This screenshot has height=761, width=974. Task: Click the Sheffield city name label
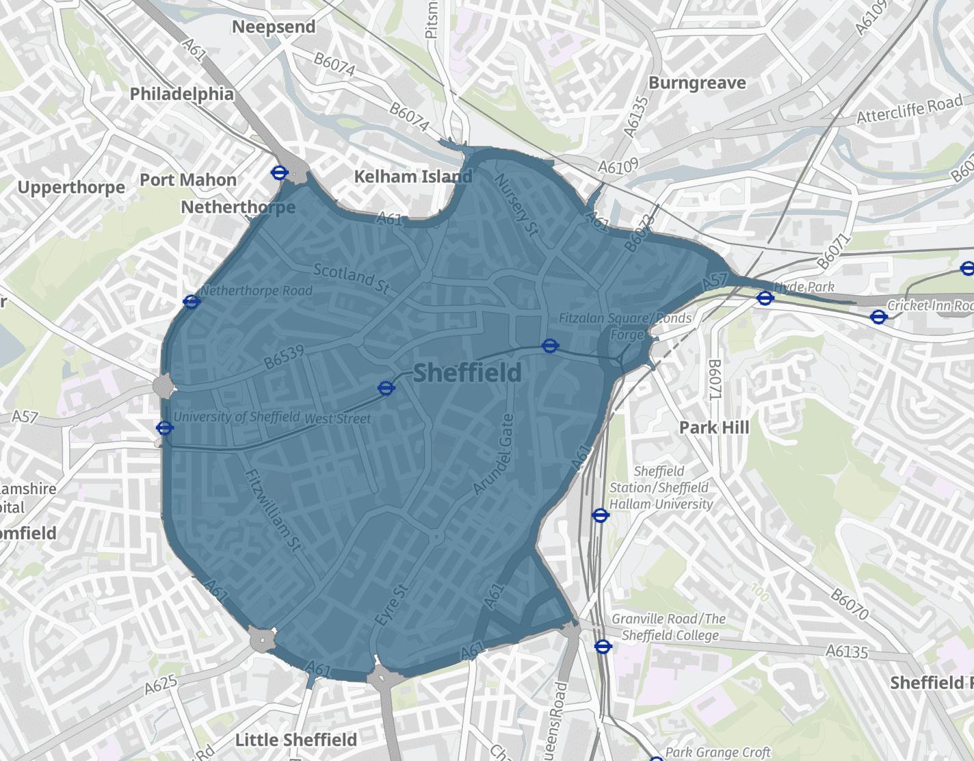pos(467,373)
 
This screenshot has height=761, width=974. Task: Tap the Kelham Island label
pos(412,177)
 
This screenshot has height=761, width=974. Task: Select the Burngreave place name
pos(697,83)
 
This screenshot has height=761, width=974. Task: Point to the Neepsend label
pos(274,27)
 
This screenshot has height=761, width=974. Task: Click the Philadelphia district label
pos(182,93)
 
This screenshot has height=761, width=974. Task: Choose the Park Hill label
pos(714,428)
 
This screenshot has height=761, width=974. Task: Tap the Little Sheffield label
pos(295,740)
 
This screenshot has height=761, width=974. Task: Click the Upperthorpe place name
pos(72,187)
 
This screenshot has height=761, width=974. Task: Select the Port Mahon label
pos(188,180)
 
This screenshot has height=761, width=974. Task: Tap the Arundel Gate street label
pos(491,454)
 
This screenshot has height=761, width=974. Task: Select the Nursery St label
pos(516,203)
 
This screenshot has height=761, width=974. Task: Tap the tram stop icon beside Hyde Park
pos(765,298)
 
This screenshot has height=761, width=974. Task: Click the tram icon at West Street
pos(386,389)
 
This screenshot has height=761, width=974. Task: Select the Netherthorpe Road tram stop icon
pos(192,301)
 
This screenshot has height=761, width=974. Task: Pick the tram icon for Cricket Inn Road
pos(878,316)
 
